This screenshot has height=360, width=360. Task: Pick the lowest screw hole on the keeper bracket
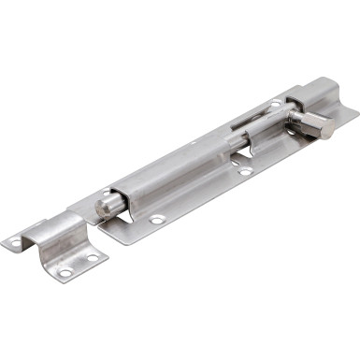coord(65,273)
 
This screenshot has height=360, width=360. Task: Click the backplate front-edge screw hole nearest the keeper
coord(158,220)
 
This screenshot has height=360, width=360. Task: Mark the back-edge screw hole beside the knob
coord(275,103)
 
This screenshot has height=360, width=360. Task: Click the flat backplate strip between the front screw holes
coord(201,198)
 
